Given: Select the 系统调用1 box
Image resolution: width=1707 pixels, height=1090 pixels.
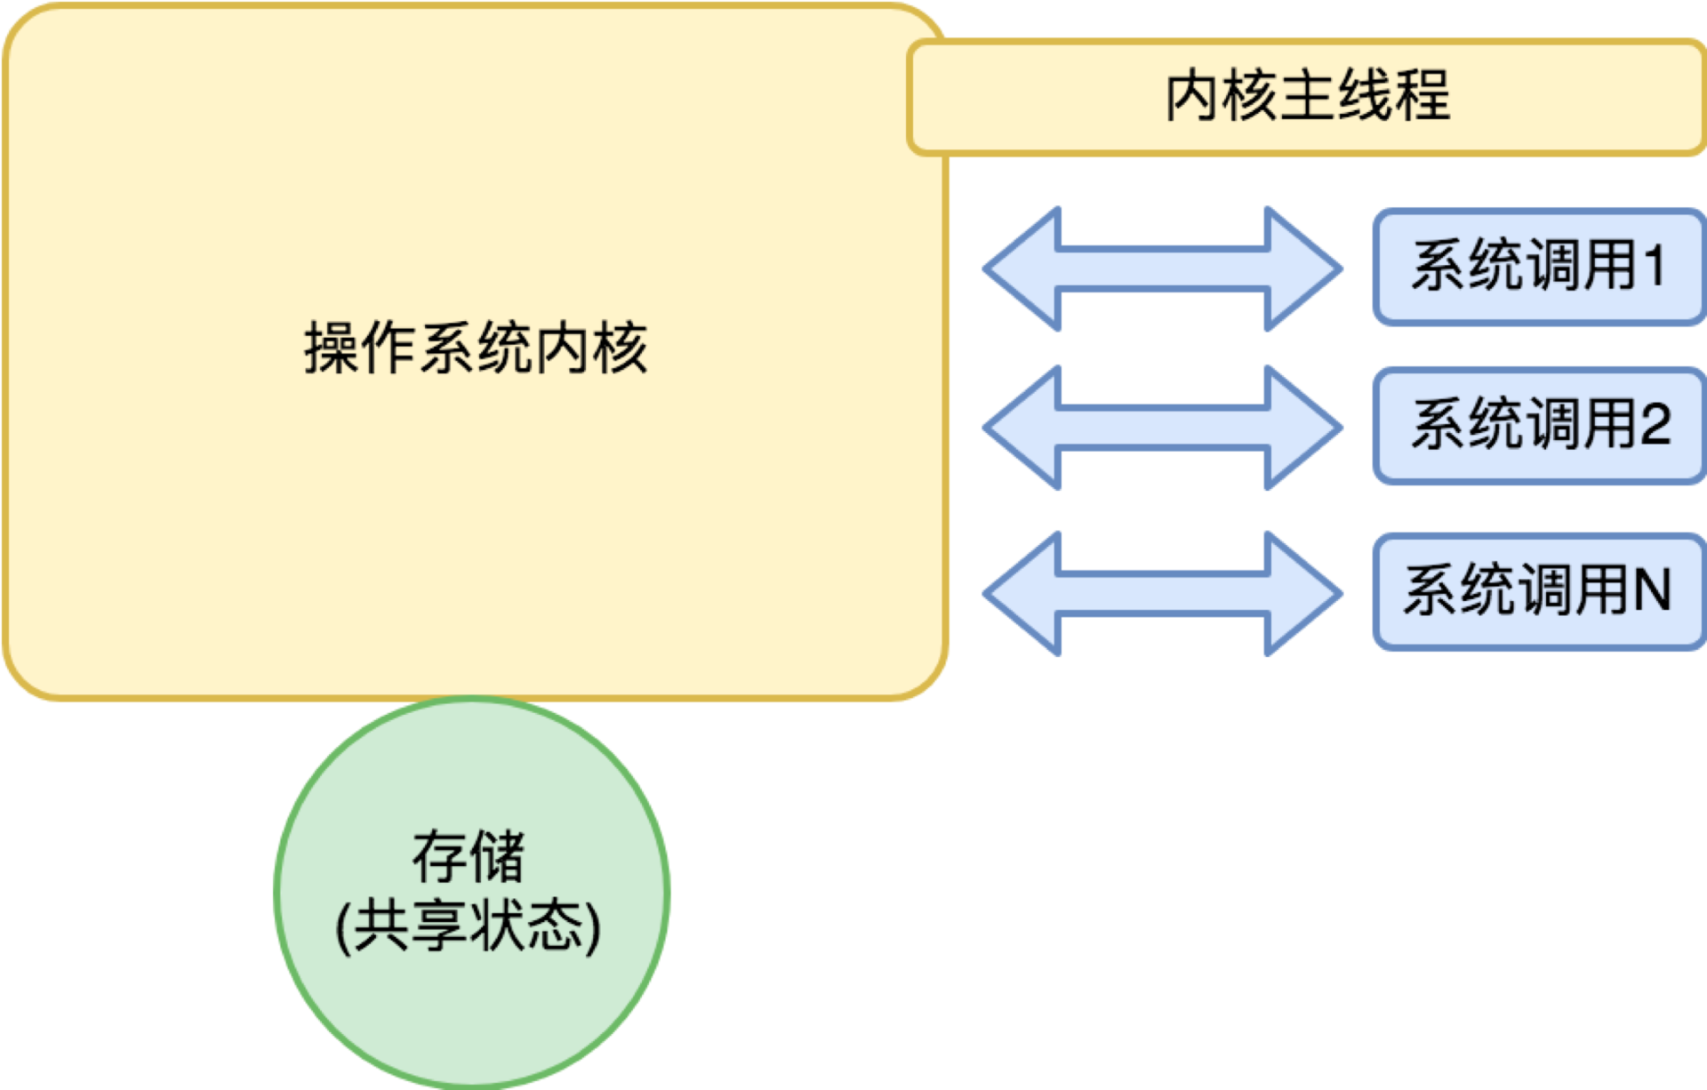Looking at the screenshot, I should click(1538, 267).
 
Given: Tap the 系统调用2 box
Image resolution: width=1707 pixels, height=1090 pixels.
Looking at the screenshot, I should click(1538, 425).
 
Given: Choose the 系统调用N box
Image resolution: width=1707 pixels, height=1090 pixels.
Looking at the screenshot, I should click(1538, 591).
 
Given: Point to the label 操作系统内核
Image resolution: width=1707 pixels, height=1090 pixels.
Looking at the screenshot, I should click(476, 348).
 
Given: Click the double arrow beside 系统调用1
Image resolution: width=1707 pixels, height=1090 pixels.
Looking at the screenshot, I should click(1162, 268).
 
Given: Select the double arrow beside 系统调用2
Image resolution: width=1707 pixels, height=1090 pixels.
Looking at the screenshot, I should click(1162, 427).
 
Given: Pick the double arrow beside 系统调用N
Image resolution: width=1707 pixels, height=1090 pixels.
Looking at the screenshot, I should click(1162, 593).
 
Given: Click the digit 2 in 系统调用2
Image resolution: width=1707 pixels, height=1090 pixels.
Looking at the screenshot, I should click(1655, 424).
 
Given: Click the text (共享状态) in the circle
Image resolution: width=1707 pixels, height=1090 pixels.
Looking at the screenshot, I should click(469, 926).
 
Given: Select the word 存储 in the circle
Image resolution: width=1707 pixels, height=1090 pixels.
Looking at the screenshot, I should click(469, 857).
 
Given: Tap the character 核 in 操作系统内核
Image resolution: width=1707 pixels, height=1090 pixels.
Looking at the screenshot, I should click(621, 348).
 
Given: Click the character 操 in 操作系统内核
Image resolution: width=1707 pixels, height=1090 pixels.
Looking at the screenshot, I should click(332, 348).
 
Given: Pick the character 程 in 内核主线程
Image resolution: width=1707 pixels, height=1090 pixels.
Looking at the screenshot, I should click(1422, 95).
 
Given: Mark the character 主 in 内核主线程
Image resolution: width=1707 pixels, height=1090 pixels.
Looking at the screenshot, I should click(1308, 95).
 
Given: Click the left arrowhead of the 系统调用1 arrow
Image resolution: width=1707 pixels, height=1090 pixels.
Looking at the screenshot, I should click(1022, 268).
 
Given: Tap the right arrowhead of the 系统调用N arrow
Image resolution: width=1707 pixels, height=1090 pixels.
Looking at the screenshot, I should click(1302, 593).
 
